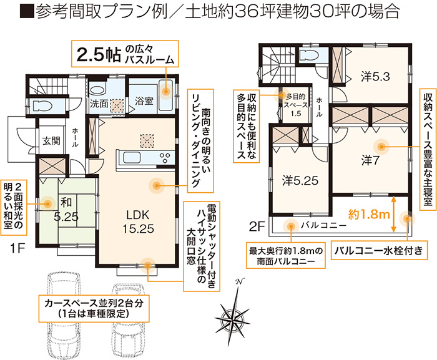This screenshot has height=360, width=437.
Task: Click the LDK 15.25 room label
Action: click(138, 221)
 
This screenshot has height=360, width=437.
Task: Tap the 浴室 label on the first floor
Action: click(144, 101)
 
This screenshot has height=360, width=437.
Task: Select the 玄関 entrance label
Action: click(52, 141)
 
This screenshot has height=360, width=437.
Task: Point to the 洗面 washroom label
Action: click(99, 104)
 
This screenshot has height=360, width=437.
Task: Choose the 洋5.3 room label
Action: click(375, 77)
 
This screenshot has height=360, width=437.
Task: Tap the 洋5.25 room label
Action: click(300, 181)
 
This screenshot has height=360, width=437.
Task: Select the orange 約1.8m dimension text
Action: click(369, 214)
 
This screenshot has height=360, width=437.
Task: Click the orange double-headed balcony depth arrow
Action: click(393, 214)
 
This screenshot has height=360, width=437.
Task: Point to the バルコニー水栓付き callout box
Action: click(379, 250)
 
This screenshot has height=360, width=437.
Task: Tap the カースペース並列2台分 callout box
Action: click(94, 308)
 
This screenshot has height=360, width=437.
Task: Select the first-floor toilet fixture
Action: click(42, 106)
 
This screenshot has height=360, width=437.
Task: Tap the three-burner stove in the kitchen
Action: click(165, 158)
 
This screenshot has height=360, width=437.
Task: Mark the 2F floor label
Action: click(257, 226)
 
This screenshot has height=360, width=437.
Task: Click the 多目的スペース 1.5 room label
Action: click(296, 105)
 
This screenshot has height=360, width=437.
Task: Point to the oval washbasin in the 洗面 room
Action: click(97, 90)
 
